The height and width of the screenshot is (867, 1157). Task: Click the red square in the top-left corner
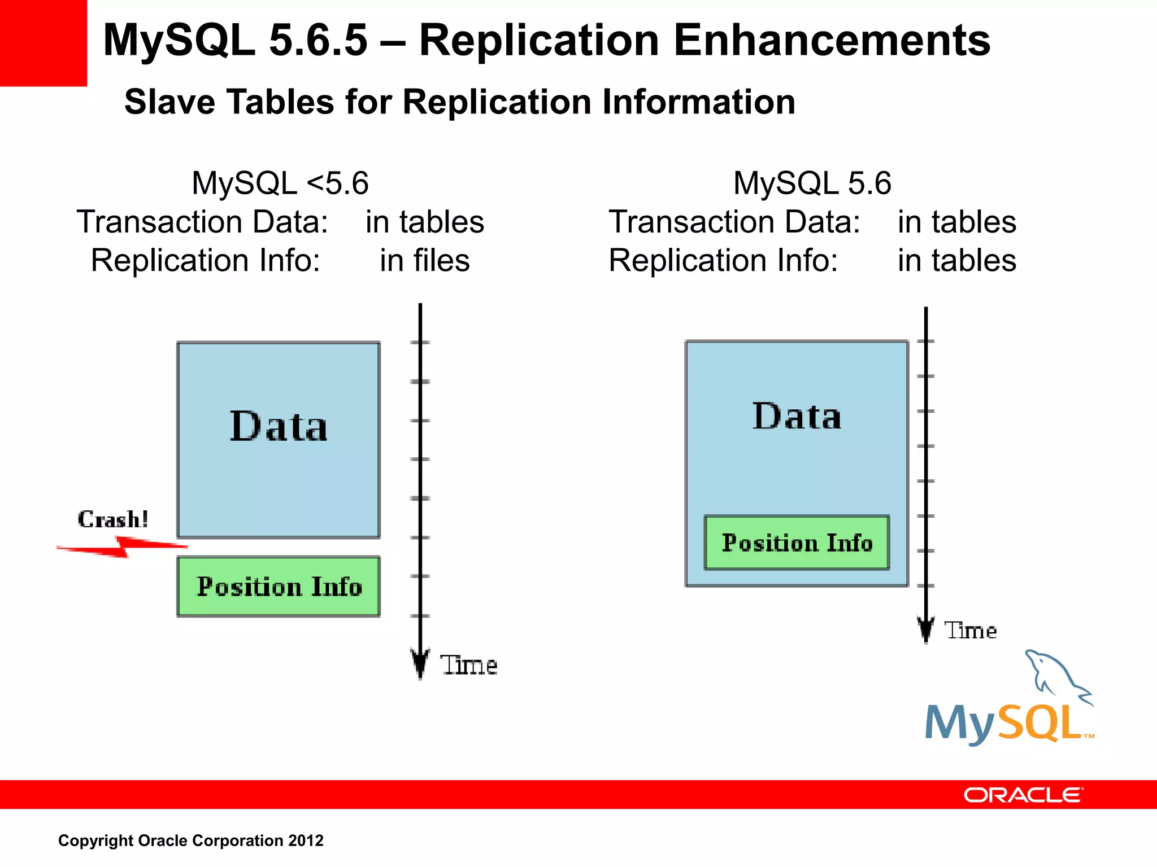point(43,43)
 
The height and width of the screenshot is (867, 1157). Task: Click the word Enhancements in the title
point(832,41)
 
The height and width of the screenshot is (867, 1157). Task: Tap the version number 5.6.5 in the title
point(318,41)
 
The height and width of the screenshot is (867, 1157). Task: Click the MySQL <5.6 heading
point(280,183)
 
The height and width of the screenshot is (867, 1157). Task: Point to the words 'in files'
point(424,260)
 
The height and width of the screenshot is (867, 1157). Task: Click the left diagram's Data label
point(279,426)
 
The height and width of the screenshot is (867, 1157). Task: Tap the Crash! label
point(113,519)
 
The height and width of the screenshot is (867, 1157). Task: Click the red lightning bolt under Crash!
point(122,546)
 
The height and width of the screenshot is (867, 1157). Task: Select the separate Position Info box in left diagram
point(279,586)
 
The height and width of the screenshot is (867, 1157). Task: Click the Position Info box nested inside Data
point(797,542)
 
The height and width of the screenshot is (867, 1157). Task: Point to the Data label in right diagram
point(797,417)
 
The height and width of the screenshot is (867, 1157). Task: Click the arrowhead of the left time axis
point(420,664)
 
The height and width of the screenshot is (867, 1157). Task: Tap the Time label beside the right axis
point(970,630)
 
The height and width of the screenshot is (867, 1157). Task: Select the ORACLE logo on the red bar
point(1023,795)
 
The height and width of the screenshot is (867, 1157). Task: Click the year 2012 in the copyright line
point(306,840)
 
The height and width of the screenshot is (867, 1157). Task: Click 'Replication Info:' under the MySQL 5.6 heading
point(723,260)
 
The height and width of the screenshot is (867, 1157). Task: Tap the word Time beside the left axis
point(468,665)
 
